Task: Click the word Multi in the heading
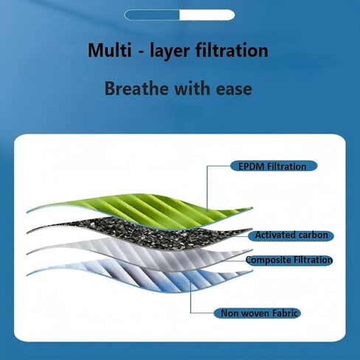pyautogui.click(x=110, y=50)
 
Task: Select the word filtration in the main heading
pyautogui.click(x=232, y=50)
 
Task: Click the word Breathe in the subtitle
pyautogui.click(x=136, y=89)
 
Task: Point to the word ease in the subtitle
pyautogui.click(x=234, y=90)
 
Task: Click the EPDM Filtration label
pyautogui.click(x=274, y=166)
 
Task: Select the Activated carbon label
pyautogui.click(x=291, y=235)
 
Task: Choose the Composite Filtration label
pyautogui.click(x=289, y=260)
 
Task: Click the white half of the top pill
pyautogui.click(x=207, y=15)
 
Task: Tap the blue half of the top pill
pyautogui.click(x=152, y=15)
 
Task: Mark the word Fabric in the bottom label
pyautogui.click(x=285, y=313)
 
